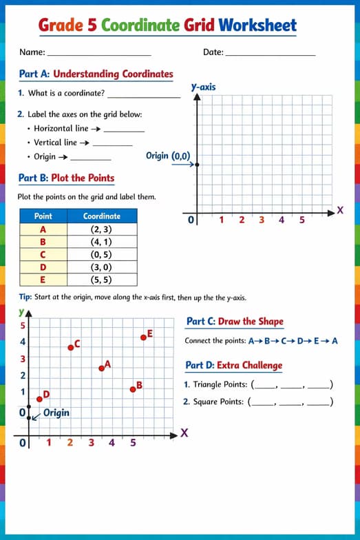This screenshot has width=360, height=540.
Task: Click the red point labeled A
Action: (x=102, y=368)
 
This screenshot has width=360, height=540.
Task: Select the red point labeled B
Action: (x=133, y=389)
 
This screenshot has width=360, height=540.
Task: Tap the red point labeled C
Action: (x=70, y=347)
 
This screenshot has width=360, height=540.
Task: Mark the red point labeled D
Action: (x=39, y=398)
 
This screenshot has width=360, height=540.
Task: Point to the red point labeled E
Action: (x=143, y=337)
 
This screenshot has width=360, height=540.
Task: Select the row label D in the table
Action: (x=43, y=267)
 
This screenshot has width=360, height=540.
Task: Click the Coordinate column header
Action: (x=102, y=216)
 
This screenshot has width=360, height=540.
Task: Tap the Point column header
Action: (x=43, y=216)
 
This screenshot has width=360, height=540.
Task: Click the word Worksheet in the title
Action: (x=257, y=25)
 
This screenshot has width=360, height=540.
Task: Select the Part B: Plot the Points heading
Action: (x=66, y=178)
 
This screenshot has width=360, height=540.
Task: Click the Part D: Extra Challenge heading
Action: (x=234, y=365)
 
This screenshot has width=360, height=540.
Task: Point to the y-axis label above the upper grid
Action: (x=203, y=87)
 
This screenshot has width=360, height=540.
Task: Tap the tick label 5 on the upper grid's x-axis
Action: (x=301, y=220)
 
